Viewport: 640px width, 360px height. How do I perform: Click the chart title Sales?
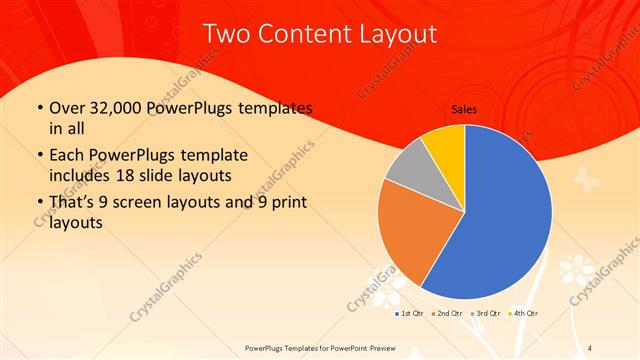[464, 110]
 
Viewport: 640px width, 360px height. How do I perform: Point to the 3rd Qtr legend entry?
[486, 314]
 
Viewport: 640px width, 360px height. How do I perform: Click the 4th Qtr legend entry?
[525, 314]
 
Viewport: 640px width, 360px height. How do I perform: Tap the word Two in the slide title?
[224, 34]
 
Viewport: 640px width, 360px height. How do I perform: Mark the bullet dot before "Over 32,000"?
[38, 108]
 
